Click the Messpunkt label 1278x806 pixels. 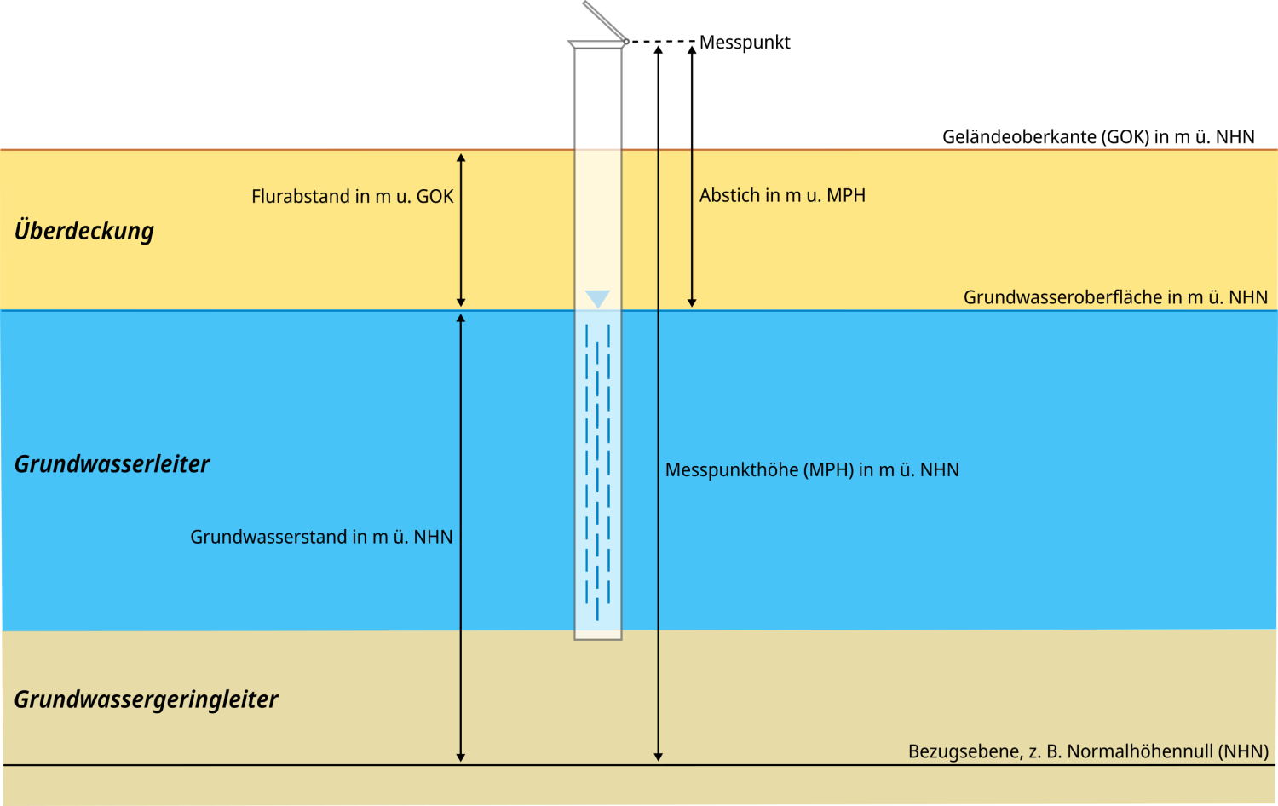[745, 43]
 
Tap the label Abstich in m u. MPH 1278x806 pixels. [782, 196]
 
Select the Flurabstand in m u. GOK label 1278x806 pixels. [352, 197]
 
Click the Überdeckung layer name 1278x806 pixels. [84, 231]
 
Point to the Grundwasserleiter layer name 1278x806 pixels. [112, 464]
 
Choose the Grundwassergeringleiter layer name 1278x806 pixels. [146, 699]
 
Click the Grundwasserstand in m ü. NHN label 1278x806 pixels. [321, 537]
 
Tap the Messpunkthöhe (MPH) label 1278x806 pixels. [812, 470]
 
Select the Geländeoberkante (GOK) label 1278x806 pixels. [1098, 137]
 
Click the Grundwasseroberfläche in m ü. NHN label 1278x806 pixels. [1115, 297]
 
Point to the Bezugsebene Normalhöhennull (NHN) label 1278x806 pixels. [1088, 751]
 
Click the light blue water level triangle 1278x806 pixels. [598, 299]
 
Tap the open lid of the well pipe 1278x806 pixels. [604, 20]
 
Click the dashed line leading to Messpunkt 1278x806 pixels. [662, 41]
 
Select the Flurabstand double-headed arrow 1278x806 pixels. [461, 230]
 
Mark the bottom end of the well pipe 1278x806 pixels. [598, 636]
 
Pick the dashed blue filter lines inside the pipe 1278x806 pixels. [598, 469]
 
